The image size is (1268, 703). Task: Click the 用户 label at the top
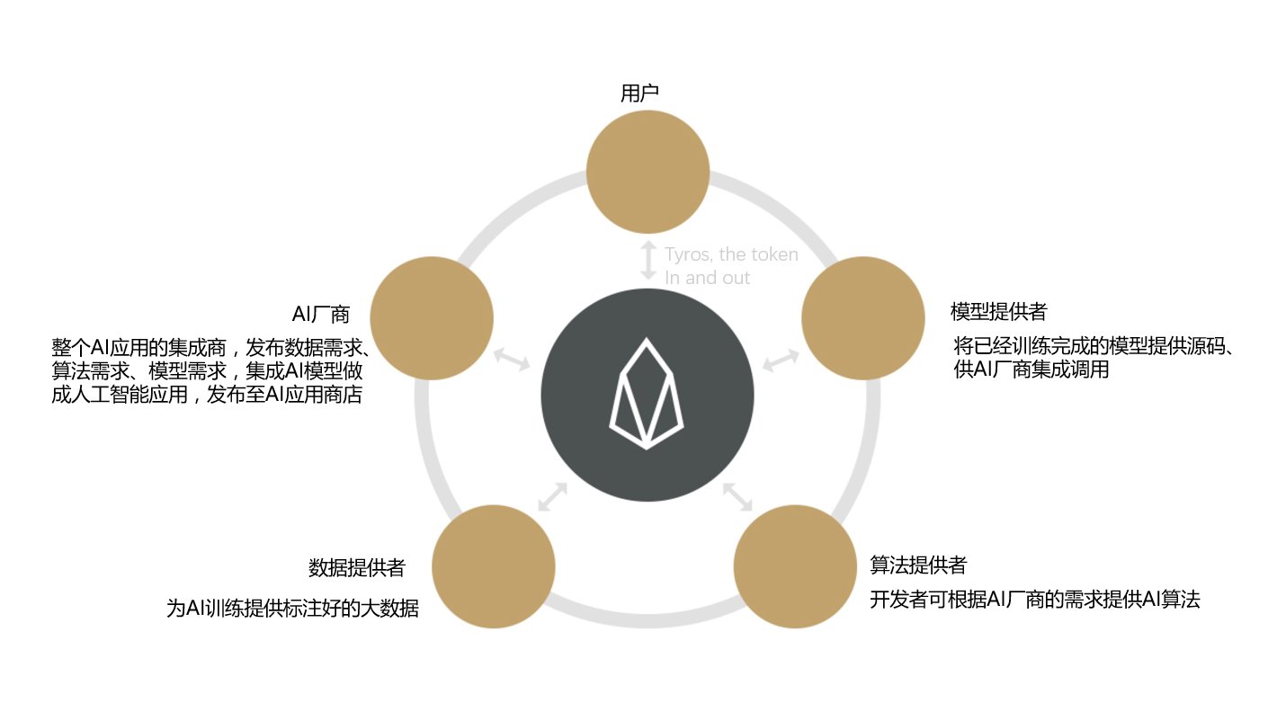[639, 93]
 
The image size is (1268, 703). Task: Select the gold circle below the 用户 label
[647, 172]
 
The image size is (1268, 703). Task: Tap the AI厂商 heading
[320, 314]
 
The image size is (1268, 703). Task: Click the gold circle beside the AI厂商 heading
[432, 318]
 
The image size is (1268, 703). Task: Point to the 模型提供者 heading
[998, 311]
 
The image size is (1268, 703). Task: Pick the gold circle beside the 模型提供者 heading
[862, 318]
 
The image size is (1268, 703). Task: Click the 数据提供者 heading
[357, 567]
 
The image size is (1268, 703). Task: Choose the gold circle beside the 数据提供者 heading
[493, 566]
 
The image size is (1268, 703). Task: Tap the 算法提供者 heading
[917, 565]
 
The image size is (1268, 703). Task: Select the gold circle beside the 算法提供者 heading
[795, 566]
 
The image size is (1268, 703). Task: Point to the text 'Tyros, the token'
[731, 254]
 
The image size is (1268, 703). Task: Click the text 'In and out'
[707, 278]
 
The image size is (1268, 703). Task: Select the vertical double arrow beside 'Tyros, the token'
[648, 261]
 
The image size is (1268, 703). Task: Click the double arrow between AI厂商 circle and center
[512, 360]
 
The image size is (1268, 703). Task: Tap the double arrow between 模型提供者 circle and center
[781, 360]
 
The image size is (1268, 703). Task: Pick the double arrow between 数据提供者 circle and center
[552, 496]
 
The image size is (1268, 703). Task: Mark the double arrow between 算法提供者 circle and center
[737, 496]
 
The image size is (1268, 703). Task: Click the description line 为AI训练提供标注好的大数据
[292, 608]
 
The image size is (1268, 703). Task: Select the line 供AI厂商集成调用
[1031, 369]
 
